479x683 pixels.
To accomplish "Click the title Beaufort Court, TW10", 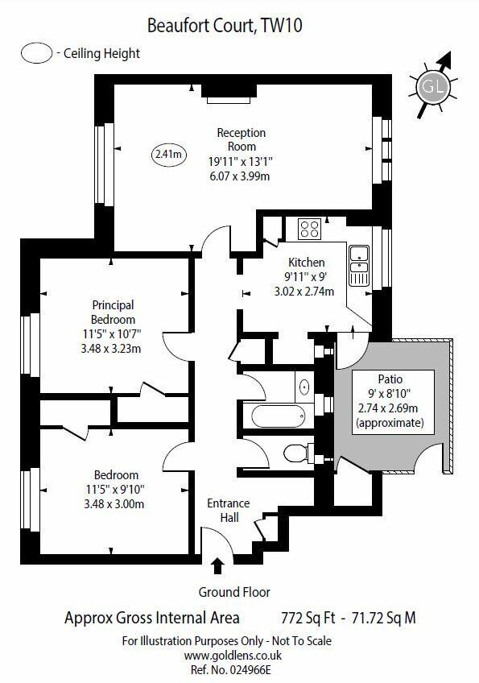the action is coord(225,26).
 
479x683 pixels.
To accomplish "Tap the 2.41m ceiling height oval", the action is coord(168,154).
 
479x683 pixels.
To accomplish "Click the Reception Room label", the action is coord(242,139).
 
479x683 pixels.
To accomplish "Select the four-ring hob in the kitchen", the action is coord(310,229).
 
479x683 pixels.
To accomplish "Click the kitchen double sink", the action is coord(359,266).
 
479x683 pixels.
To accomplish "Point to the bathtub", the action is coord(278,416).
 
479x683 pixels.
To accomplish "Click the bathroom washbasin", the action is coord(305,387).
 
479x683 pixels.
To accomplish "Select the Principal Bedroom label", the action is coord(114,313).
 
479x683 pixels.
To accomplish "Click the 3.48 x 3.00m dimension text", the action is coord(114,504).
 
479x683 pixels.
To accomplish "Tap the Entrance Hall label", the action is coord(229,510).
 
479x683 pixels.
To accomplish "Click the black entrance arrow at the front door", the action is coord(217,566).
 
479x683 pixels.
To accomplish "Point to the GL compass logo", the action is coord(433,86).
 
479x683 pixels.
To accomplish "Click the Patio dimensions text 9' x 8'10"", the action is coord(390,394).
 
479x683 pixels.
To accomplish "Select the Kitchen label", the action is coord(307,263).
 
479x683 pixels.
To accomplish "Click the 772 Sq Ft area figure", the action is coord(308,618).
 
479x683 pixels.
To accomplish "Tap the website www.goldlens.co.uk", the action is coord(233,655).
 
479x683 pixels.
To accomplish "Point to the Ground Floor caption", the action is coord(234,592).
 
